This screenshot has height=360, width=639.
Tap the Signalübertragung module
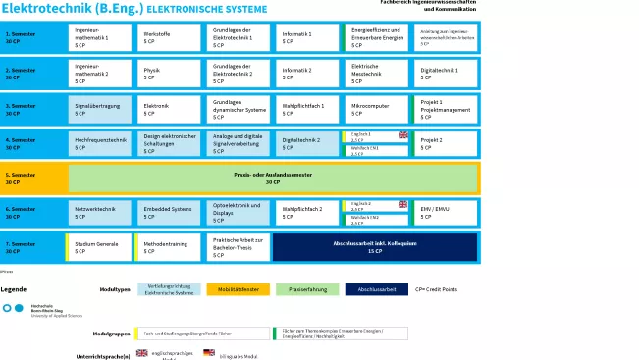pyautogui.click(x=98, y=109)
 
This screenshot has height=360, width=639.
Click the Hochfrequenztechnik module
pyautogui.click(x=98, y=144)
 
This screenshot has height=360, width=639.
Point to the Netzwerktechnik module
pyautogui.click(x=98, y=212)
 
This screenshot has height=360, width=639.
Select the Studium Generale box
pyautogui.click(x=98, y=247)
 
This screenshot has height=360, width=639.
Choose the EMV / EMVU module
pyautogui.click(x=446, y=212)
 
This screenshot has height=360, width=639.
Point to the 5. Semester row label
pyautogui.click(x=32, y=179)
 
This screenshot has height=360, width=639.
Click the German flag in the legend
pyautogui.click(x=208, y=352)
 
